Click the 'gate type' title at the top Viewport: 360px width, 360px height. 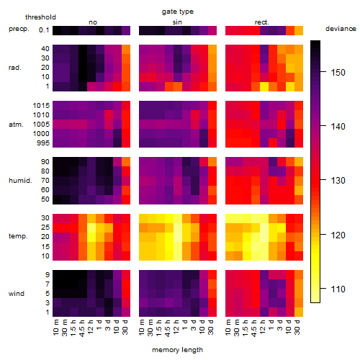pos(178,12)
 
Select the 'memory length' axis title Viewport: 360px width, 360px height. pos(178,350)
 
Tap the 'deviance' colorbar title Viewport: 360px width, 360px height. pos(341,29)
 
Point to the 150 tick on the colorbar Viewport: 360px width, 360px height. pos(323,71)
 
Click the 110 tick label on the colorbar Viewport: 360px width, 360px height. pos(338,289)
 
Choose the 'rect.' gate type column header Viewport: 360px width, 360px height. pos(262,22)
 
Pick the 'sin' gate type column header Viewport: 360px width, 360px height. pos(177,22)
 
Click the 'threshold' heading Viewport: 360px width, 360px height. pos(40,17)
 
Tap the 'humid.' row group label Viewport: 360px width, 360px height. pos(20,181)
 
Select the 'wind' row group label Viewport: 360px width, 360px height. pos(17,294)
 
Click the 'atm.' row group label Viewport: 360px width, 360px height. pos(16,125)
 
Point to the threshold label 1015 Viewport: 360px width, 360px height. pos(41,106)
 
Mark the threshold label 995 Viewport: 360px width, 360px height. pos(43,143)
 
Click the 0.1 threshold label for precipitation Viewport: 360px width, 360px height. pos(44,30)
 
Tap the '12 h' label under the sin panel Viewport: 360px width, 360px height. pos(176,327)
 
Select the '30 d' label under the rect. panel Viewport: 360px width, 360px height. pos(297,327)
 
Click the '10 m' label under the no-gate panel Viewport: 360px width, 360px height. pos(55,328)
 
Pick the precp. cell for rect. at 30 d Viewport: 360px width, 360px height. pos(299,31)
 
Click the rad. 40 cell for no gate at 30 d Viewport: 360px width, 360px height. pos(126,50)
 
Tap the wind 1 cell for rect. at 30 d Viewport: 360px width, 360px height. pos(299,312)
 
